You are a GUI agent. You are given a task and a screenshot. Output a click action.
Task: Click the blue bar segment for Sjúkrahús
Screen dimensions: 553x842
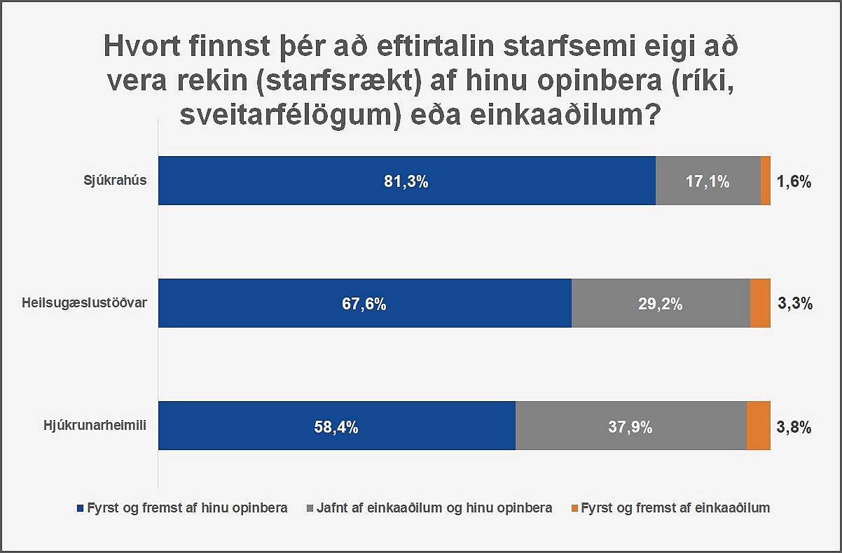click(x=406, y=181)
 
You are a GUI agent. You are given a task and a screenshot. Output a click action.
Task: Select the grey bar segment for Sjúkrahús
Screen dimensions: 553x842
click(x=708, y=181)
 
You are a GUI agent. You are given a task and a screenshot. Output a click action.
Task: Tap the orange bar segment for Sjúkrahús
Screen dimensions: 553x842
click(x=765, y=181)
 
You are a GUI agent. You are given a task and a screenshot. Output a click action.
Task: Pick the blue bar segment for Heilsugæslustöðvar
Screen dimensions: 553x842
click(x=364, y=303)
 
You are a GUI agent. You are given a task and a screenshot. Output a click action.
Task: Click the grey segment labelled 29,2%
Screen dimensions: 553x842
click(x=661, y=303)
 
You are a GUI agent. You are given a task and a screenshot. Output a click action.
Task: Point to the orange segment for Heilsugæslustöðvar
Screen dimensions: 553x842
click(x=760, y=303)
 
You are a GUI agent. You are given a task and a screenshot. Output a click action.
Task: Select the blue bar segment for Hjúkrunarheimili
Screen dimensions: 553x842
click(x=336, y=426)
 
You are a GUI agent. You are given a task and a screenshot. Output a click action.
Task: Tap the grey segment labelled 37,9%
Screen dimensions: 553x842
click(x=630, y=426)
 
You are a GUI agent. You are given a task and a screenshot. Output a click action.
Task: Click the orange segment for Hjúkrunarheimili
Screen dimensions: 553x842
click(x=759, y=426)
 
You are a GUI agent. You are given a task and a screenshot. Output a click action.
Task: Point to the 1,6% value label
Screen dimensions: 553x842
click(x=794, y=182)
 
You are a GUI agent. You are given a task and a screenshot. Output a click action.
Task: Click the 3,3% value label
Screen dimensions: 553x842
click(x=794, y=304)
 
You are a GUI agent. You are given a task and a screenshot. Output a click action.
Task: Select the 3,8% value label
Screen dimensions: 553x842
click(x=794, y=426)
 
